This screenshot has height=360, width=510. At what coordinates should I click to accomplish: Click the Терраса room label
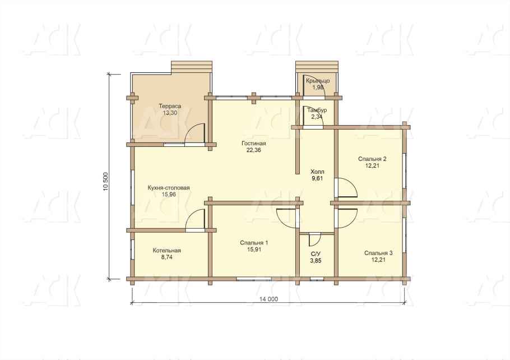(x=170, y=106)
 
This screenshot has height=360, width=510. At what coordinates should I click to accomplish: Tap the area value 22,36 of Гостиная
(x=254, y=150)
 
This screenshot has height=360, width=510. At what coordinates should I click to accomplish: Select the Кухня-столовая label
(x=169, y=188)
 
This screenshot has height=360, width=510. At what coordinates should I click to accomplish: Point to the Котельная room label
(x=166, y=251)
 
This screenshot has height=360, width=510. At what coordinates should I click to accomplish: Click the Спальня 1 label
(x=254, y=243)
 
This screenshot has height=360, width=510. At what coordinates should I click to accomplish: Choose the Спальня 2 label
(x=372, y=159)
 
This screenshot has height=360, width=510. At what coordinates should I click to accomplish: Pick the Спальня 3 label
(x=378, y=253)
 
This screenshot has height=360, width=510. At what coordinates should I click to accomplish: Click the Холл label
(x=317, y=172)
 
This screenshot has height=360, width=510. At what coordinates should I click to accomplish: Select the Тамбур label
(x=317, y=110)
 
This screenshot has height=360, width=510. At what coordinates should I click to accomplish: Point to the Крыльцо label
(x=318, y=81)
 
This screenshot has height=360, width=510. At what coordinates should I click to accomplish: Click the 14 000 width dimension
(x=269, y=299)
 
